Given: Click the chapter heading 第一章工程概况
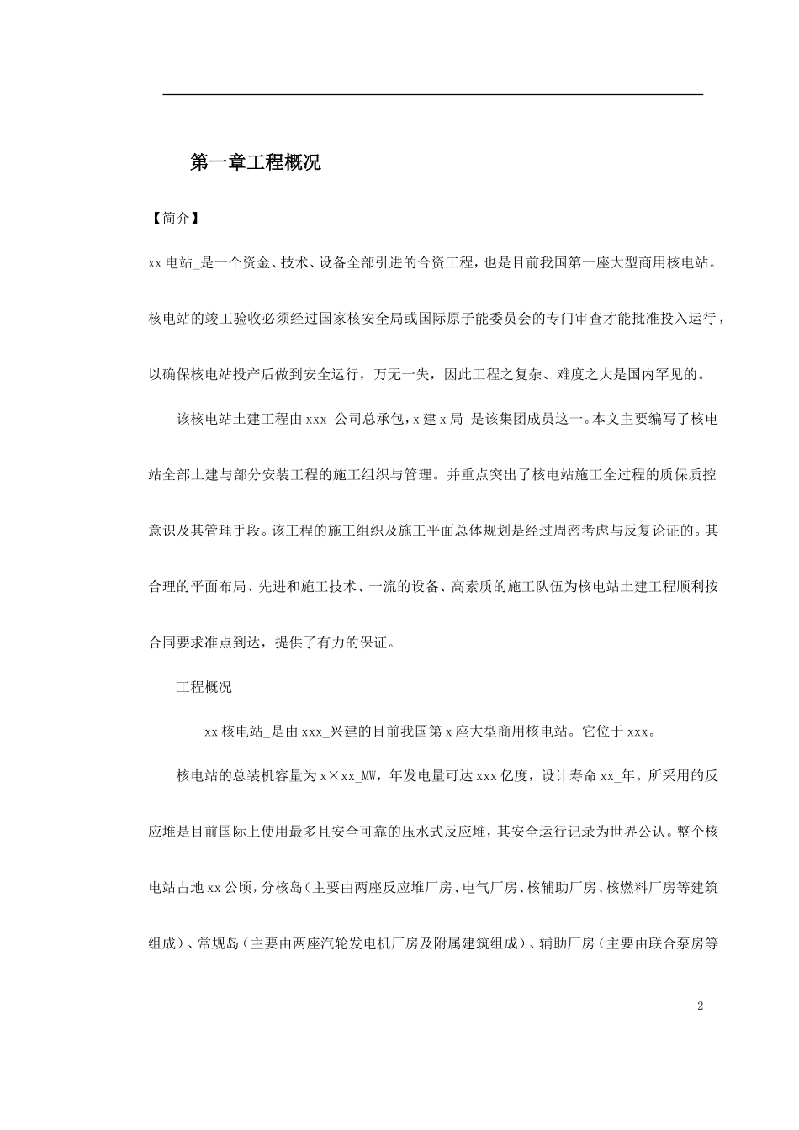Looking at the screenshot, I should click(x=256, y=163).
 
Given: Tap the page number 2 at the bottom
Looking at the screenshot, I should click(x=700, y=1006).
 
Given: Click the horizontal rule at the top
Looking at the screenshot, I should click(x=432, y=95).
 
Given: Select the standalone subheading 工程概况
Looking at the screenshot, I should click(x=204, y=687).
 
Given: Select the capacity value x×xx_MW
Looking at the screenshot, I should click(x=347, y=776).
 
